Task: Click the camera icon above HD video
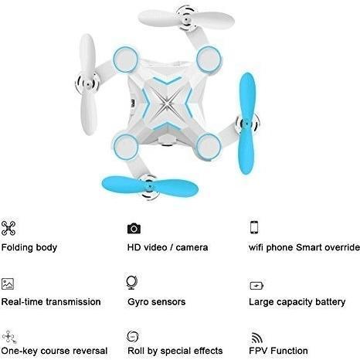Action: [134, 229]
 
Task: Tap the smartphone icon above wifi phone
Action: [254, 227]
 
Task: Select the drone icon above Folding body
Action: [8, 228]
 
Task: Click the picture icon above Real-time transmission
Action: [8, 284]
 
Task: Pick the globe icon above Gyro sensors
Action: [131, 283]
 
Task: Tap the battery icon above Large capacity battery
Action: [256, 286]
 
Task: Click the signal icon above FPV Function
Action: [256, 338]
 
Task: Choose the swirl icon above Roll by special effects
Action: [133, 337]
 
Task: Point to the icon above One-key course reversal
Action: [9, 337]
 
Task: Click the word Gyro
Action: [138, 302]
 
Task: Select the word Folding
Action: [17, 248]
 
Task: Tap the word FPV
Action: [259, 351]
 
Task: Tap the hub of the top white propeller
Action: [186, 19]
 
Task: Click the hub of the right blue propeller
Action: [247, 124]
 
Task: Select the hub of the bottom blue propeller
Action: [149, 186]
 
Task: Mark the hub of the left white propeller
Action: [88, 83]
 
